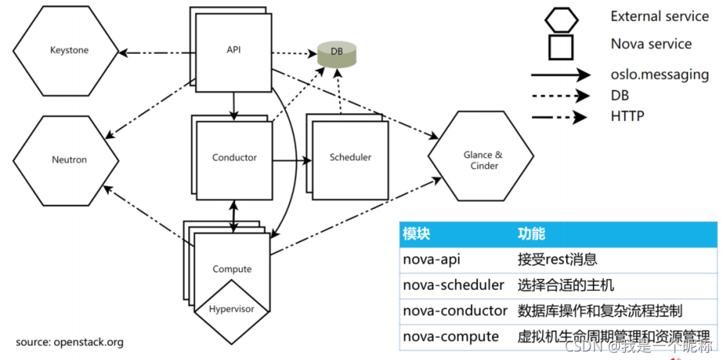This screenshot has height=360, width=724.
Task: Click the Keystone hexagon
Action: click(69, 51)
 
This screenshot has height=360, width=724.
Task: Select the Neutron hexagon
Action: click(69, 160)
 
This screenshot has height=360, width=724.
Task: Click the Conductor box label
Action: click(234, 157)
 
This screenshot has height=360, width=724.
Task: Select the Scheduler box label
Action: click(350, 157)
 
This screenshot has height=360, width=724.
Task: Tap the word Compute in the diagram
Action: click(232, 269)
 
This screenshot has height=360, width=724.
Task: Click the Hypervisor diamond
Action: click(232, 310)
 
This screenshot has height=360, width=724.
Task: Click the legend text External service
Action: click(659, 16)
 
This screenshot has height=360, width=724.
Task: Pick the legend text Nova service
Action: click(651, 44)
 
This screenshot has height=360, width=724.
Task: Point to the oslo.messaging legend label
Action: click(658, 74)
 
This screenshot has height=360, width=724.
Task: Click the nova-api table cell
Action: click(433, 260)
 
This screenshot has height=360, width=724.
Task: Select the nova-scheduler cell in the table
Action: click(453, 285)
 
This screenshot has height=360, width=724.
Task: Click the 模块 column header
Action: click(416, 234)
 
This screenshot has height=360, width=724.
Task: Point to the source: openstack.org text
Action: click(69, 341)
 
